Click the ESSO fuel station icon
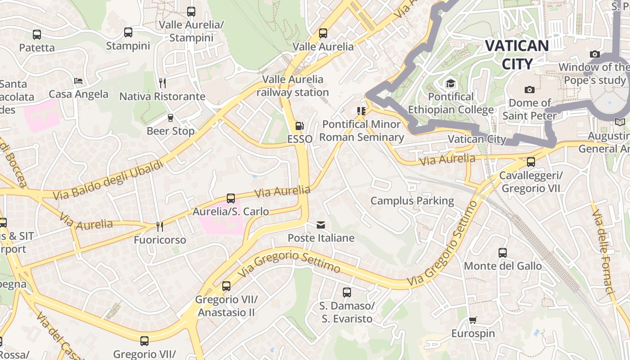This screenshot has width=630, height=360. (x=299, y=126)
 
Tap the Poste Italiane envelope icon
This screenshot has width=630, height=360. (x=321, y=225)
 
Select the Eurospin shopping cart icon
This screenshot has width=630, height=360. (x=472, y=320)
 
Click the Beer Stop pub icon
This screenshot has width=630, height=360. (x=171, y=118)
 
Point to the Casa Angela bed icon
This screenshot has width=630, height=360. (x=78, y=81)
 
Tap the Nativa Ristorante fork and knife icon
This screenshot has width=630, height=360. (x=162, y=83)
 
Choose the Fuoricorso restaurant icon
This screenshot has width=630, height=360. (x=159, y=226)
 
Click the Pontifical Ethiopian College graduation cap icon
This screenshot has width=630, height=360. (x=450, y=83)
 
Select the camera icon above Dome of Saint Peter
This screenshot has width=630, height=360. (x=530, y=90)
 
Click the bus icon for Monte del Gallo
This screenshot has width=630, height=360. (x=503, y=253)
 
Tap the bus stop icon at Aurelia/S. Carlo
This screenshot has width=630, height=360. (x=231, y=198)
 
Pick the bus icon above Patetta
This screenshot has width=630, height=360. (x=37, y=34)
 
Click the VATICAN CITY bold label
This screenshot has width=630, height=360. (x=517, y=54)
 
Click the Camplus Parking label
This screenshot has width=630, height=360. (x=412, y=201)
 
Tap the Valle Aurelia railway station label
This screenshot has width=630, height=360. (x=292, y=85)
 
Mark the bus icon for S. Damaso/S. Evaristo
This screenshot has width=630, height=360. (x=346, y=292)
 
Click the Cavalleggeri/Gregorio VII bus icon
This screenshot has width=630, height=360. (x=531, y=162)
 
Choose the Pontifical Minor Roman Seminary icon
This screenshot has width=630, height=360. (x=360, y=111)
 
